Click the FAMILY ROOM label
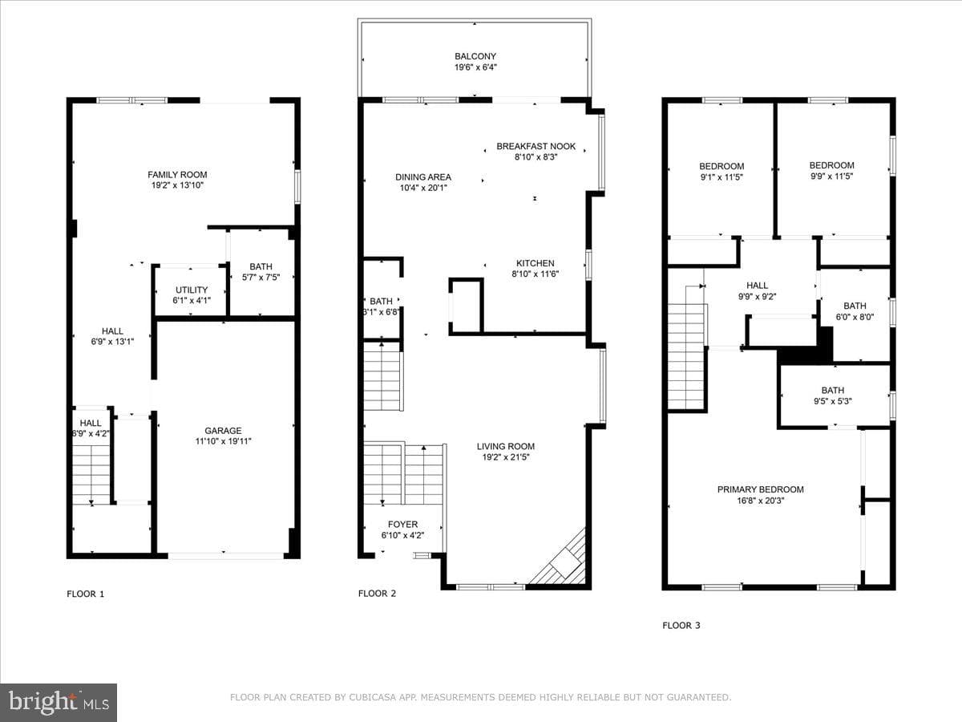177,174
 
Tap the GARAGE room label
223,431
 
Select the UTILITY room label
192,290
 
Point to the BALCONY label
475,56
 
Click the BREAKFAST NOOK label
536,146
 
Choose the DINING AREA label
423,177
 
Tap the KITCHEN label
536,263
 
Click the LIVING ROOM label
506,446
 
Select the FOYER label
402,525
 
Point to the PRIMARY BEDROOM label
761,489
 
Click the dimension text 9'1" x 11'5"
721,177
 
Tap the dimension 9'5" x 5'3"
833,401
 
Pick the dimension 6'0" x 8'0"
855,317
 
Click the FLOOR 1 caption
86,594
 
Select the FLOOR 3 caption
681,626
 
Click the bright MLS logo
59,702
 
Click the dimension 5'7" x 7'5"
261,277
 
